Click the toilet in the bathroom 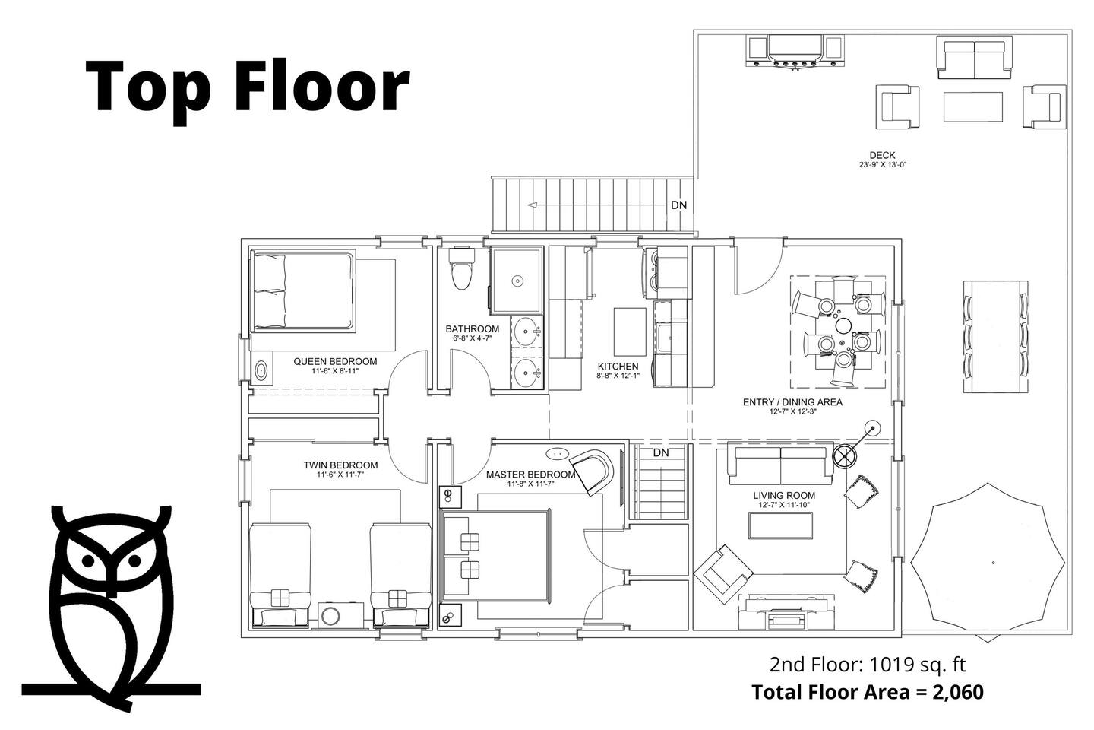(462, 269)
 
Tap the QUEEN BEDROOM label (335, 361)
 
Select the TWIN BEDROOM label (340, 465)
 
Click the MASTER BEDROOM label (530, 474)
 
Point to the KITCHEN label (618, 367)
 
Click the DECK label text (883, 155)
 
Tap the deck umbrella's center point (993, 562)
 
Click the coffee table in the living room (780, 525)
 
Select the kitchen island (630, 332)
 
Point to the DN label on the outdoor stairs (679, 205)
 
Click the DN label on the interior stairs (661, 452)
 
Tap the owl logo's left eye (88, 560)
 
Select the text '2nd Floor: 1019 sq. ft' (868, 665)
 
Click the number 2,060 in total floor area (958, 692)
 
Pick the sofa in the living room (780, 464)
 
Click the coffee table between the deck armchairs (973, 106)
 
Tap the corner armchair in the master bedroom (591, 471)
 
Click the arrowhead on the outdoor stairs (533, 205)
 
